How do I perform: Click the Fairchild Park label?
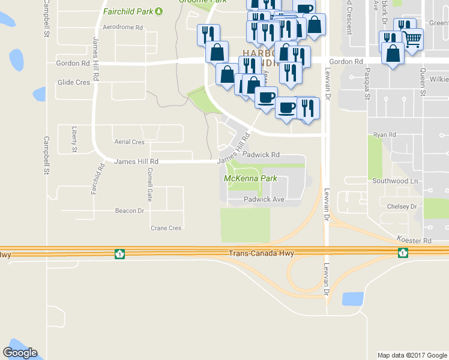(x=128, y=11)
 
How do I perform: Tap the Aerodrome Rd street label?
(x=123, y=28)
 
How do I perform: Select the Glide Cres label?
(x=73, y=82)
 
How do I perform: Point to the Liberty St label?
(x=74, y=138)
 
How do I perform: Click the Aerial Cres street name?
(x=130, y=142)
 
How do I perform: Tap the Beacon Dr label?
(x=130, y=211)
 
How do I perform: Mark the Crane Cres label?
(x=166, y=228)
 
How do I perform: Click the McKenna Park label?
(x=250, y=178)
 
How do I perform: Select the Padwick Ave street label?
(x=264, y=199)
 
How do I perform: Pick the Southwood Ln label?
(x=394, y=181)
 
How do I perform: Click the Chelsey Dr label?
(x=402, y=206)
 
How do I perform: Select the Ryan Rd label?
(x=385, y=135)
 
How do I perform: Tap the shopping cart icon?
(x=412, y=40)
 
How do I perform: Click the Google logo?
(x=20, y=353)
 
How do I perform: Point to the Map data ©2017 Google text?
(x=412, y=355)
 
